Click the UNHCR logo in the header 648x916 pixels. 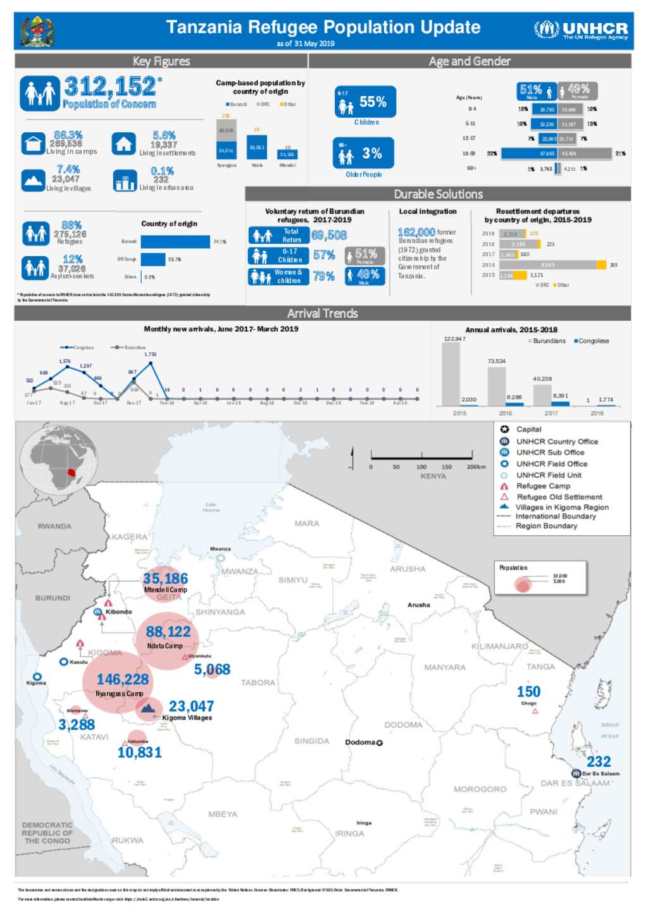click(580, 30)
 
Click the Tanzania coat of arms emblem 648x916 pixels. click(37, 31)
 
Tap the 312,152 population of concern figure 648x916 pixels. click(111, 86)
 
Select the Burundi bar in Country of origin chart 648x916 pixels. click(175, 242)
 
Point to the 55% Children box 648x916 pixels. click(365, 102)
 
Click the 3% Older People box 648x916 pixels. click(363, 153)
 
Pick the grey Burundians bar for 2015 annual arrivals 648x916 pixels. click(451, 374)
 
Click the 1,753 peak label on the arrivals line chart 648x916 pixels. click(150, 354)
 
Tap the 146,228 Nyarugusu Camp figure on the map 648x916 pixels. click(123, 679)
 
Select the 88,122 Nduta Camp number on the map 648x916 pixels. click(168, 632)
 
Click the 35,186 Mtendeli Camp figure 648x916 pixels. click(165, 579)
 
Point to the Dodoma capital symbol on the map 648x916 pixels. click(380, 743)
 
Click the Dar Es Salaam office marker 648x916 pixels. click(576, 774)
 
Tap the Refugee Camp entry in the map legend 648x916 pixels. click(542, 486)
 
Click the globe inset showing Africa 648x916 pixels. click(58, 459)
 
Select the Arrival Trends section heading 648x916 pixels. click(322, 313)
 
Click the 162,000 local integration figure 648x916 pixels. click(416, 232)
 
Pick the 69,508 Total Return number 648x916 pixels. click(329, 235)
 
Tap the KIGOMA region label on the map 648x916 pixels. click(105, 653)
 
